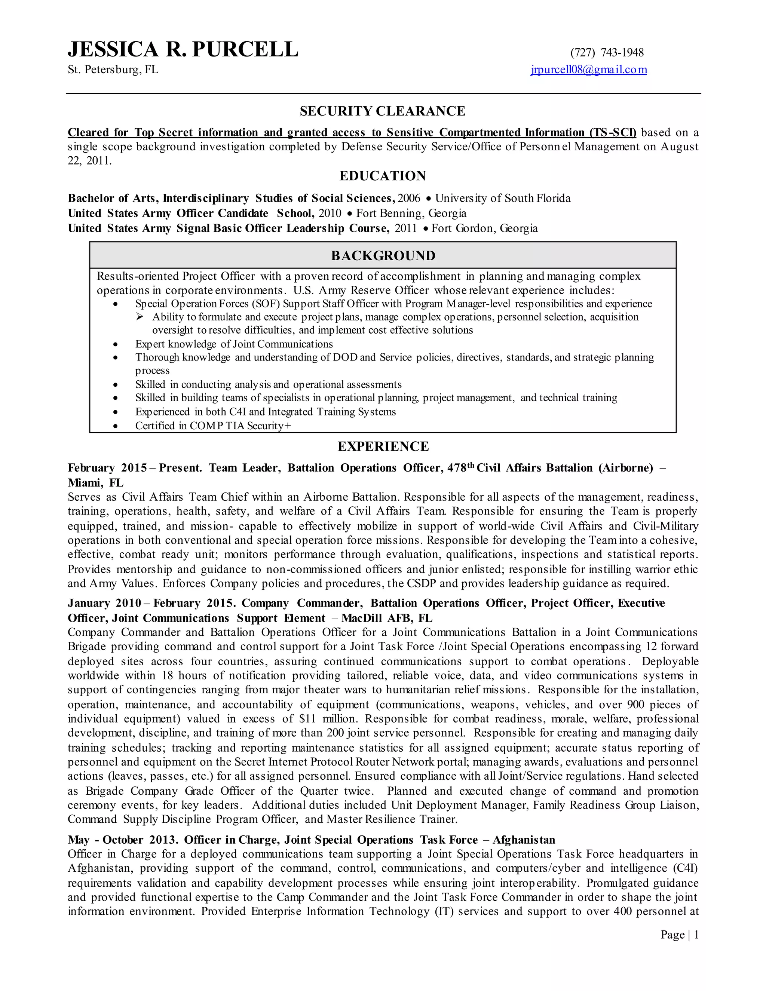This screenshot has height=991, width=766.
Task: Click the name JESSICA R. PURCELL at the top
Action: tap(183, 49)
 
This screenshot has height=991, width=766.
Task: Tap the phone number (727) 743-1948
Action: tap(607, 53)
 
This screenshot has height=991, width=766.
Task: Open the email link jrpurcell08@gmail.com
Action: tap(589, 70)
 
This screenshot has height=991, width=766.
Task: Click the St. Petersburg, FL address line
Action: tap(113, 70)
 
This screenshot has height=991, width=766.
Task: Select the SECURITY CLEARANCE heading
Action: tap(383, 111)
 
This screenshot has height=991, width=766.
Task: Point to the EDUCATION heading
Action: tap(383, 176)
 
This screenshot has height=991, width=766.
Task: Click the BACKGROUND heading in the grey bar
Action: tap(383, 255)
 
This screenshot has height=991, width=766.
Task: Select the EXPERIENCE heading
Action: tap(383, 447)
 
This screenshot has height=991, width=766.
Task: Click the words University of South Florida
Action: tap(502, 198)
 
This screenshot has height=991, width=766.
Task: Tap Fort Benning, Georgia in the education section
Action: tap(411, 213)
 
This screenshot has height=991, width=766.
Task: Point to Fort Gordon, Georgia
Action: tap(484, 228)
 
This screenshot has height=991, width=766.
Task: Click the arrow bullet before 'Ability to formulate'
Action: tap(140, 317)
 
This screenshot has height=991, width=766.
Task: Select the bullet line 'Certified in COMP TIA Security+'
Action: tap(213, 426)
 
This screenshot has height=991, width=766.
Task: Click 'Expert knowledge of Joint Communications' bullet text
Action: tap(234, 344)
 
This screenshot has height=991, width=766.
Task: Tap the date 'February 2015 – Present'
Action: tap(134, 468)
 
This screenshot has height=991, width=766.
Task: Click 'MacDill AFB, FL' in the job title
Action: tap(387, 618)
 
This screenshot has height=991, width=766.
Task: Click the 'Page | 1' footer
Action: tap(679, 935)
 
